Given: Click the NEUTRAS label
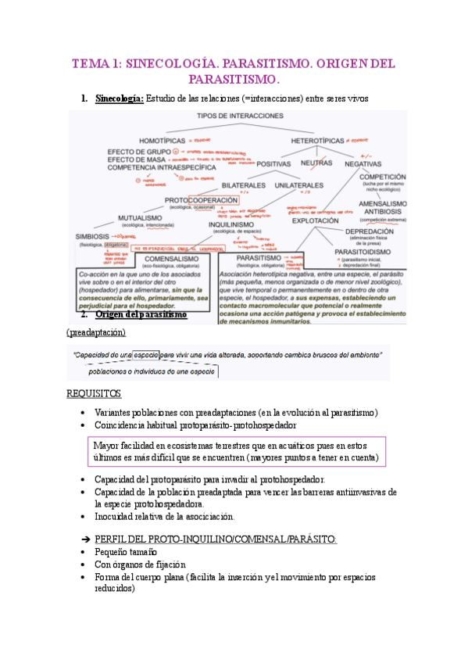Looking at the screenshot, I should [x=316, y=163].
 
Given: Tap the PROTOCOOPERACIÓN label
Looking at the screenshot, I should [x=195, y=199].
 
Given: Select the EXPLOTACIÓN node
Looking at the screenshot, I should [x=316, y=220].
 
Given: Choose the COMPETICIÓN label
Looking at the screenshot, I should [x=382, y=177].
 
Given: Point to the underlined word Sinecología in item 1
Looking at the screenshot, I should [x=119, y=99].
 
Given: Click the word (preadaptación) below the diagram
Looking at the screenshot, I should [x=96, y=332].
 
